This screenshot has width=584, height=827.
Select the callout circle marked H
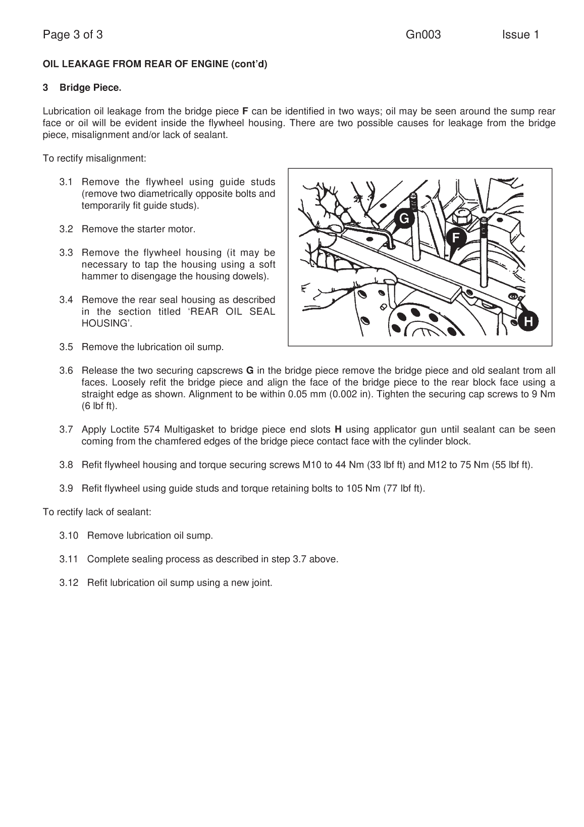(x=528, y=321)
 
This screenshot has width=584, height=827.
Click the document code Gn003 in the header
(x=423, y=35)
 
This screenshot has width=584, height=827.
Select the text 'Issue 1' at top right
(x=520, y=35)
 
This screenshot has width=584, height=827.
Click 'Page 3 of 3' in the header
(x=73, y=35)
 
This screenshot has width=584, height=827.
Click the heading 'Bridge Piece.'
(x=90, y=88)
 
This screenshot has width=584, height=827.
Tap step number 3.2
(x=66, y=229)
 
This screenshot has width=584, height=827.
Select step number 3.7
(x=66, y=430)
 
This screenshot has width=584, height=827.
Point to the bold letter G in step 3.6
(x=249, y=370)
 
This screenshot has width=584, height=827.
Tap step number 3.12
(x=69, y=583)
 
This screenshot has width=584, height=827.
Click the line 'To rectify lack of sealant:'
(x=97, y=512)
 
